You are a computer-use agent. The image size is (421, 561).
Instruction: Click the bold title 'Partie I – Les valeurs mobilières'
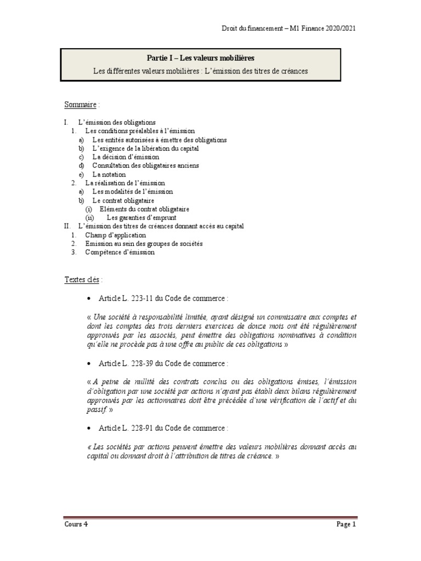(x=201, y=58)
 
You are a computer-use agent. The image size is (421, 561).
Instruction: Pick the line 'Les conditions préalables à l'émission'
(x=140, y=131)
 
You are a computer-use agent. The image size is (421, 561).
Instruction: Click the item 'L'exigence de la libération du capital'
(x=145, y=148)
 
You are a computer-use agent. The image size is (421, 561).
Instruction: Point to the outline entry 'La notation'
(x=109, y=174)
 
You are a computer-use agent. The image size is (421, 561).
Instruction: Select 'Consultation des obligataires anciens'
(x=145, y=165)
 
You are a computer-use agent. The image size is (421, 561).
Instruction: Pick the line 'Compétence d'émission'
(x=120, y=253)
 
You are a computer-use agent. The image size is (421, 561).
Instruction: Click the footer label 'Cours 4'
(x=76, y=524)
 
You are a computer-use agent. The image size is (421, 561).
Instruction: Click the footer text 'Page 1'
(x=346, y=524)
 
